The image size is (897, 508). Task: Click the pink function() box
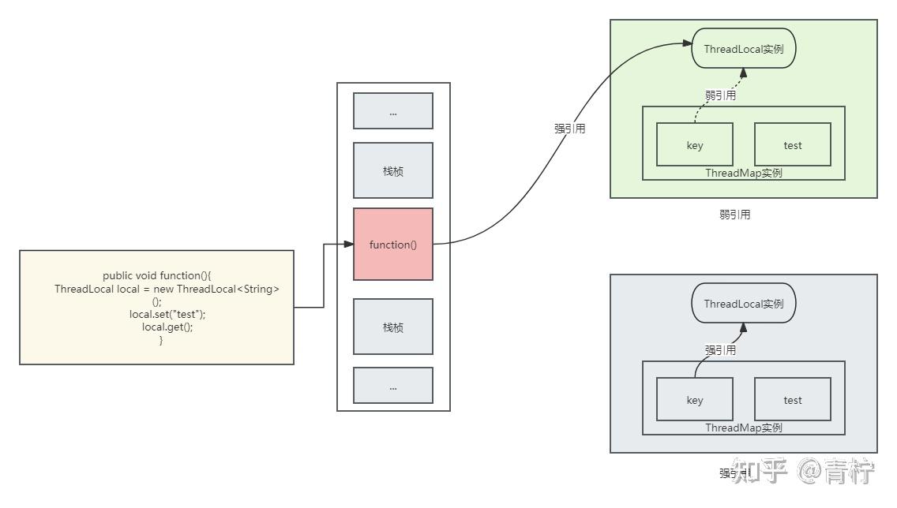click(x=393, y=244)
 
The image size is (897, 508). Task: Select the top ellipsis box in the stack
click(x=393, y=111)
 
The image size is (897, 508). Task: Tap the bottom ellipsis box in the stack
click(x=393, y=385)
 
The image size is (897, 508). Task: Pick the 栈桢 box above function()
click(x=393, y=170)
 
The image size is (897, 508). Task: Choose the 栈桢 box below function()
click(x=393, y=327)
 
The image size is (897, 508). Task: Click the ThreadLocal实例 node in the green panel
click(x=744, y=49)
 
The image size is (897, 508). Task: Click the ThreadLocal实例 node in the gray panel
click(x=744, y=304)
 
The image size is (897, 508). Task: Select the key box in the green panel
click(x=695, y=144)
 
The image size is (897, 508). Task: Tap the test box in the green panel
click(x=792, y=144)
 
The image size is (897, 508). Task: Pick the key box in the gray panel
click(x=695, y=399)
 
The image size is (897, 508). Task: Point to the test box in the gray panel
click(x=792, y=399)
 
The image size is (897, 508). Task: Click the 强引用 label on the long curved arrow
click(x=570, y=129)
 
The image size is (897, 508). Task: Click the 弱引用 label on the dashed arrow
click(x=721, y=95)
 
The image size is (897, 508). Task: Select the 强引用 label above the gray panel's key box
click(x=721, y=349)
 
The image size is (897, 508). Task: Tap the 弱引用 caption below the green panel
click(x=735, y=215)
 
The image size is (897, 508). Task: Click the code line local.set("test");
click(x=167, y=314)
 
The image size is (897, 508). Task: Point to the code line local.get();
click(x=167, y=327)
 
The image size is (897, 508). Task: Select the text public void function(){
click(x=157, y=275)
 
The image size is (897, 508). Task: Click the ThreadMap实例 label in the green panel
click(x=744, y=173)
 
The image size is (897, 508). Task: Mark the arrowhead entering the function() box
click(x=348, y=244)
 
